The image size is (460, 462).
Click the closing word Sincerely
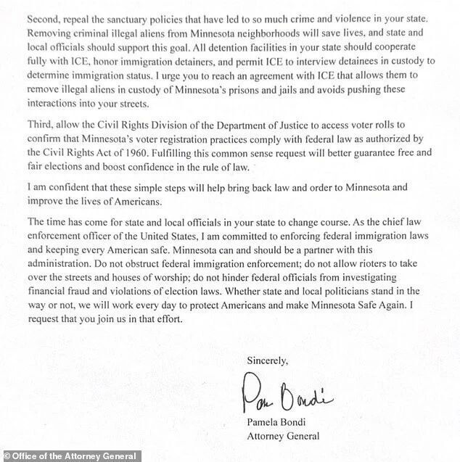point(267,360)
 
